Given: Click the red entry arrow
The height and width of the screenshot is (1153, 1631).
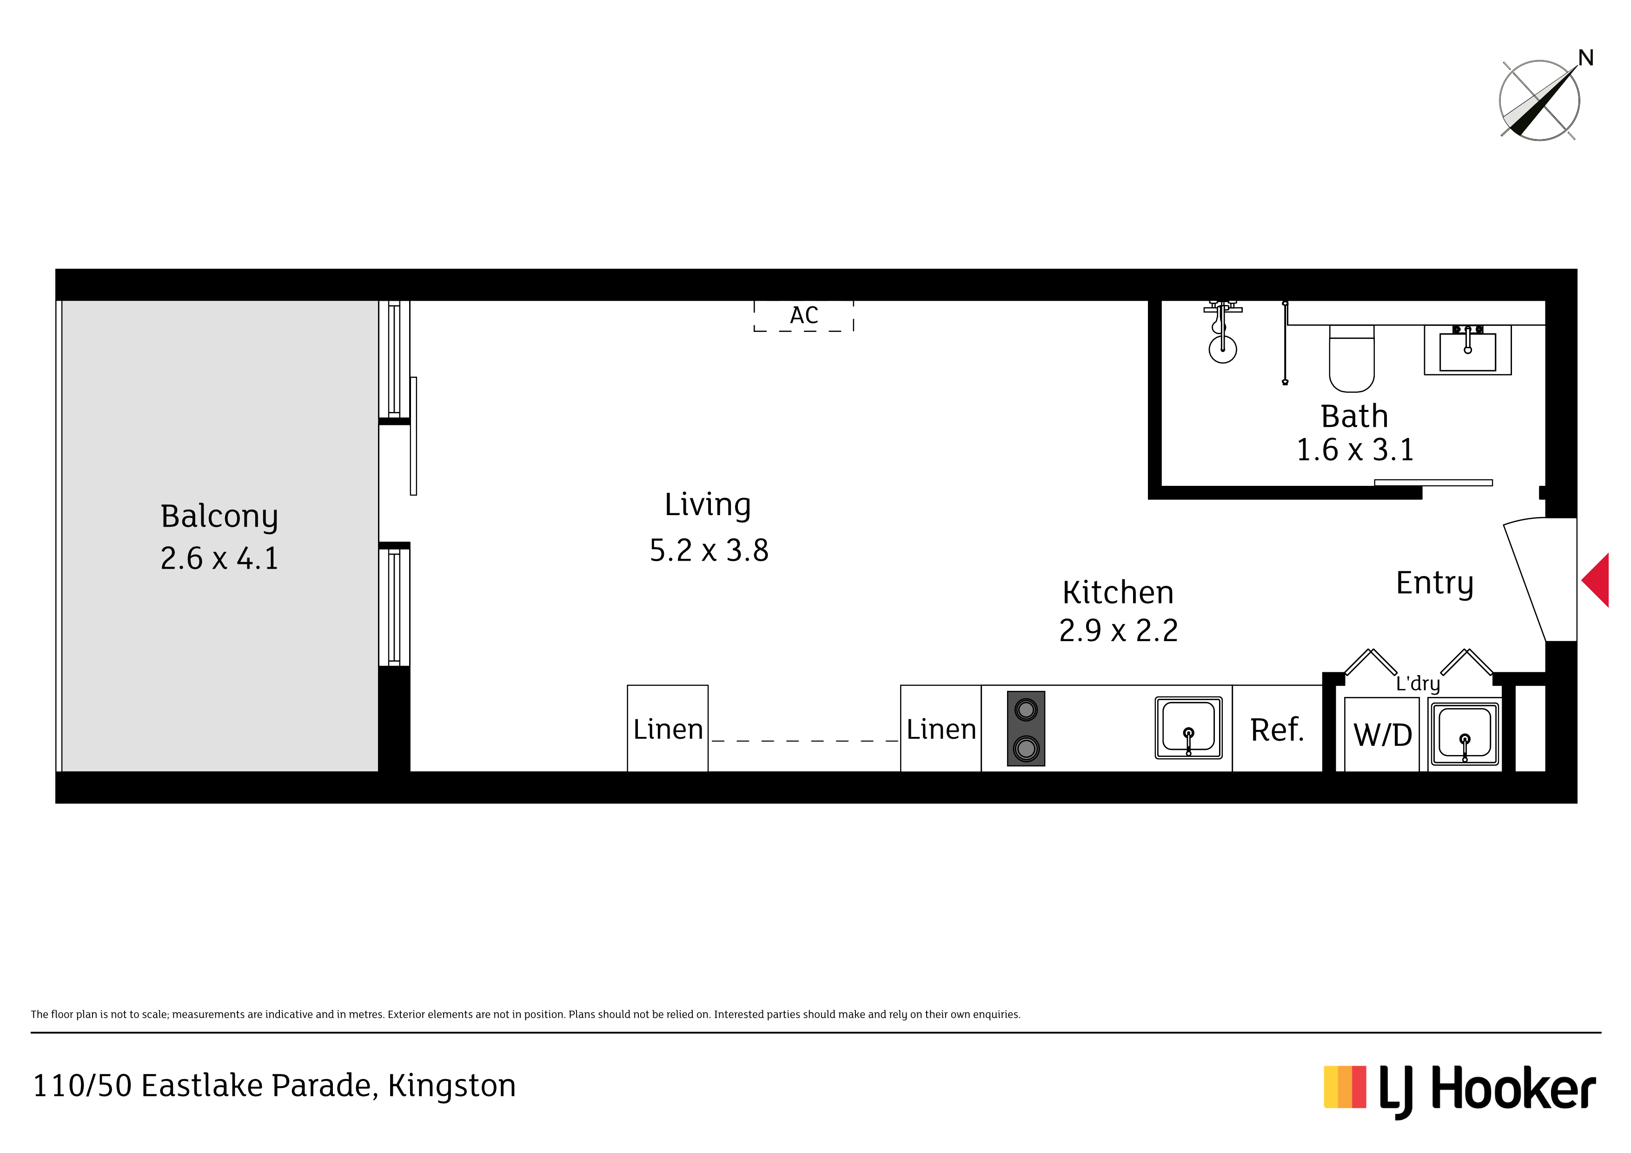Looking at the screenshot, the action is point(1597,580).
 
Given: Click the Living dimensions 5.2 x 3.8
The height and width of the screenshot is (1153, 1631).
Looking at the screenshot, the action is point(709,550).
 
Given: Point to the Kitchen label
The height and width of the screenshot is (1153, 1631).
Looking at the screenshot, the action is point(1118,592).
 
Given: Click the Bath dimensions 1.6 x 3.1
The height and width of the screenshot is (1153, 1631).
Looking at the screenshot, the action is point(1355,449).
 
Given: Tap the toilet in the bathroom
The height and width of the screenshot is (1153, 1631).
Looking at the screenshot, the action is point(1352,359).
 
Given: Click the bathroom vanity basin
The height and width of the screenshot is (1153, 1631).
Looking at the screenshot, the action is point(1468,350).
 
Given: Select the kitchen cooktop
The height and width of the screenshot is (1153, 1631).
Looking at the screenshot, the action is point(1026,728).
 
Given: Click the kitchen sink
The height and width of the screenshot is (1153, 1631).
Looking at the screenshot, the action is point(1188,728).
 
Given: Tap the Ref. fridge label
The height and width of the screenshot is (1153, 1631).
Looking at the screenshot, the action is point(1277,729).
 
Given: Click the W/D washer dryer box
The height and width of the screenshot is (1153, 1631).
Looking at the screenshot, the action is point(1382,733).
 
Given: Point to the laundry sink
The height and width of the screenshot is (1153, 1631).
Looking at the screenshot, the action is point(1464,734).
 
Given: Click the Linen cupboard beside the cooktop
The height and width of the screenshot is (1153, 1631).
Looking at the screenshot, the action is point(941,728).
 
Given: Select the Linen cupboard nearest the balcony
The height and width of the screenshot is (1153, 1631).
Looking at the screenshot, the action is point(668,728).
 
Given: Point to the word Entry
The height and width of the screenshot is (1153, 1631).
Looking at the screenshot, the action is point(1435,583).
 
